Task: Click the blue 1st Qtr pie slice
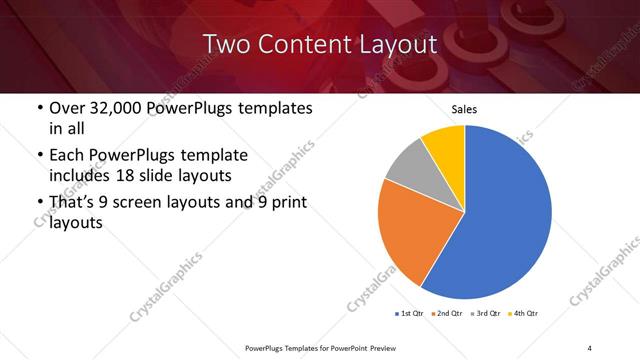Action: point(505,215)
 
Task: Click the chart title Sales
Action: point(465,108)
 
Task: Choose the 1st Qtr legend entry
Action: point(410,314)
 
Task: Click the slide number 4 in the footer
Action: point(590,347)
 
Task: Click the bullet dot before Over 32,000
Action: point(39,108)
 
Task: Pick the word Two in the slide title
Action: point(222,44)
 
